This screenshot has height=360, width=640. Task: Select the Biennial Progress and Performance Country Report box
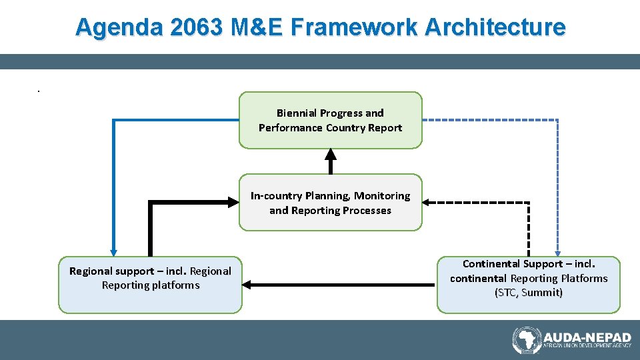pos(331,121)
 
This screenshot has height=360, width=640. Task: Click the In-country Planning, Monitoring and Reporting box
pos(331,203)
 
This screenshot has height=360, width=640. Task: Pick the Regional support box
pos(150,285)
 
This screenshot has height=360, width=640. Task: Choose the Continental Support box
pos(529,285)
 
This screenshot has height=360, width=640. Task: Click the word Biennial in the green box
pos(297,113)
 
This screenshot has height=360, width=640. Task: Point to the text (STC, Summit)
pos(529,293)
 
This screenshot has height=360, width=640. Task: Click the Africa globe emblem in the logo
pos(526,340)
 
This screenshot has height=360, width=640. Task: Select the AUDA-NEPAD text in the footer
pos(587,337)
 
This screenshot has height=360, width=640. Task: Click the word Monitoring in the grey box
pos(382,196)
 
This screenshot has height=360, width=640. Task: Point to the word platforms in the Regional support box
pos(177,285)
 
